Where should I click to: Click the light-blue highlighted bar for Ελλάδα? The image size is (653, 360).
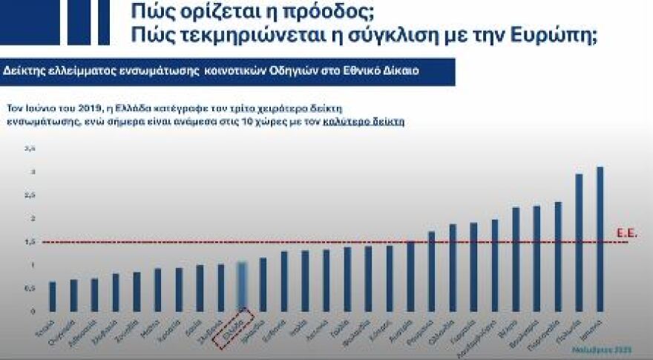(x=241, y=286)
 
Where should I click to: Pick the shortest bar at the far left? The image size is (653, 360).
(x=52, y=296)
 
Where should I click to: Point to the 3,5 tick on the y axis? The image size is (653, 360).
(x=30, y=149)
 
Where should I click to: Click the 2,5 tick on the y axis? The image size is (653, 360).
(x=30, y=196)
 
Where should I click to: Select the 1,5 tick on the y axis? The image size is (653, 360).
(x=30, y=242)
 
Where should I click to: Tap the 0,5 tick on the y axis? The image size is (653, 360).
(x=30, y=288)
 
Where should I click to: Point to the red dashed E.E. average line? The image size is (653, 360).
(x=334, y=242)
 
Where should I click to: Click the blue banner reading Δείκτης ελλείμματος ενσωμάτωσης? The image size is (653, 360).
(x=223, y=71)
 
